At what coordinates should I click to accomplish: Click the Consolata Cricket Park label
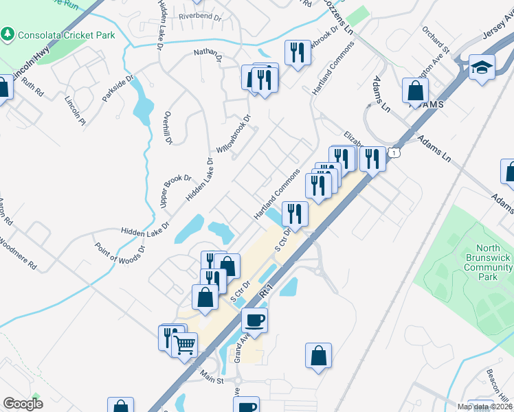66,34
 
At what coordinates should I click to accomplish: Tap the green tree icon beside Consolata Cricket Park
8,34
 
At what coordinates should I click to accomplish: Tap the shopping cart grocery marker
184,345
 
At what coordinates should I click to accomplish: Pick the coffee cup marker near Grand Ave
254,320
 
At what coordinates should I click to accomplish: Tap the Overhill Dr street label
168,128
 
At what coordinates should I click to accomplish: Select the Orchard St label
436,41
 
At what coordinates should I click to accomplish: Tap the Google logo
23,404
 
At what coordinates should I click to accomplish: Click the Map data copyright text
484,407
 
